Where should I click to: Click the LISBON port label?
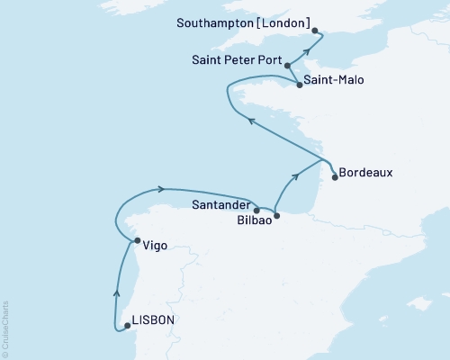(154, 319)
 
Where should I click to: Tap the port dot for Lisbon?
(127, 327)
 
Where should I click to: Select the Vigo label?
(155, 243)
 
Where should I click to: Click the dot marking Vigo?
(137, 241)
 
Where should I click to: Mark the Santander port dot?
(256, 210)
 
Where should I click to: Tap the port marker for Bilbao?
(276, 216)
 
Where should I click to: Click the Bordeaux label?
(367, 174)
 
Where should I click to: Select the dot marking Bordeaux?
(334, 177)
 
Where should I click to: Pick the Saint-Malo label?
(335, 80)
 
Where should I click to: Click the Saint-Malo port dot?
(299, 85)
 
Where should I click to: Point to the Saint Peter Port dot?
(287, 65)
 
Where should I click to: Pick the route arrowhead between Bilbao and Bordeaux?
(296, 177)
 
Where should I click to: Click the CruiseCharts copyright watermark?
(5, 329)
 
